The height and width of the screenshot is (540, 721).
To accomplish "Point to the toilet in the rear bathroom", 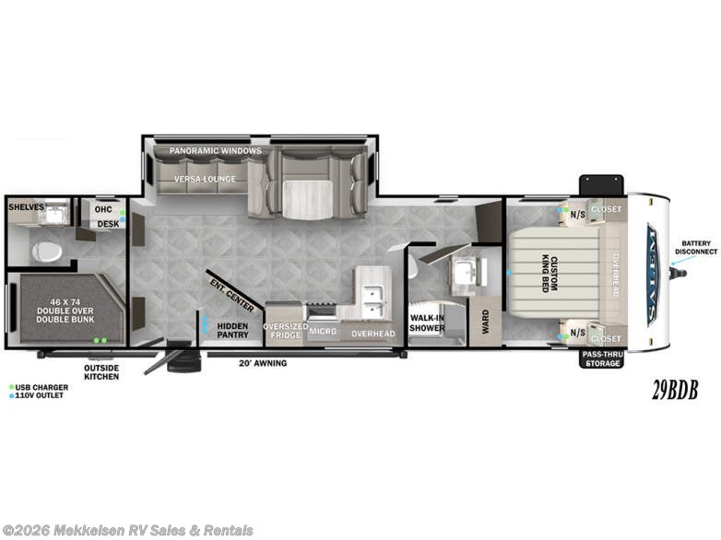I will (43, 250).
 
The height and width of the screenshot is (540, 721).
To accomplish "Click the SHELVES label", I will (26, 207).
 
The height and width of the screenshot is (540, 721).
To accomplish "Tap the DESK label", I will (107, 224).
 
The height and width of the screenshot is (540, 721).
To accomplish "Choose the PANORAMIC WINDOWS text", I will (215, 150).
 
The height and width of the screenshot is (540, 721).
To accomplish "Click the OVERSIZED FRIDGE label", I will (285, 330).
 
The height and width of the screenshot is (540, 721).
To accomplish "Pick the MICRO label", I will (322, 330).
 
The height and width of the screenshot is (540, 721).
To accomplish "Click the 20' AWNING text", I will (266, 363).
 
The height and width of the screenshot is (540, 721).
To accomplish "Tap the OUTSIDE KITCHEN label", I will (101, 371).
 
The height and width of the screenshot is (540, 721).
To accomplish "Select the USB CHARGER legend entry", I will (41, 387).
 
